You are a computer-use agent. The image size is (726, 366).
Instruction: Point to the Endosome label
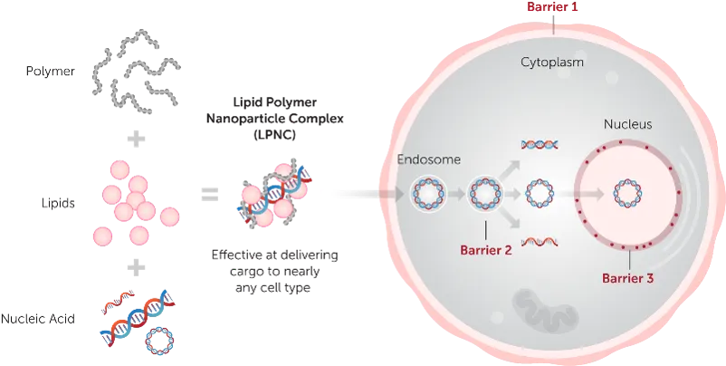(429, 159)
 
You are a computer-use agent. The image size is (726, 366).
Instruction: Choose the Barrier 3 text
(627, 279)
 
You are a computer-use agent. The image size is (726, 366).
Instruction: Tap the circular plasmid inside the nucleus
(627, 193)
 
